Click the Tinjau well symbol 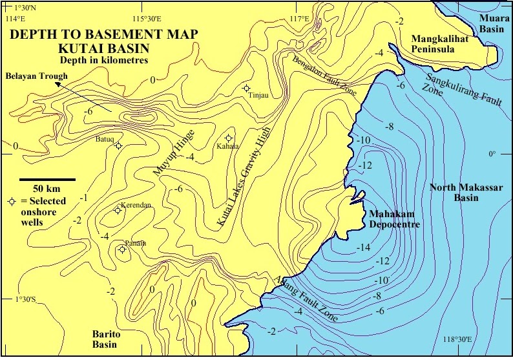coord(246,88)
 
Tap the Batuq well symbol coord(118,145)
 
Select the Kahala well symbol coord(228,138)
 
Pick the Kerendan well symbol coord(118,209)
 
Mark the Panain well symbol coord(122,249)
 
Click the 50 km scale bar coord(47,179)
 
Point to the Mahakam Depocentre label coord(393,220)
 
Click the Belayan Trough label coord(36,76)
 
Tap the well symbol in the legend coord(11,202)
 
